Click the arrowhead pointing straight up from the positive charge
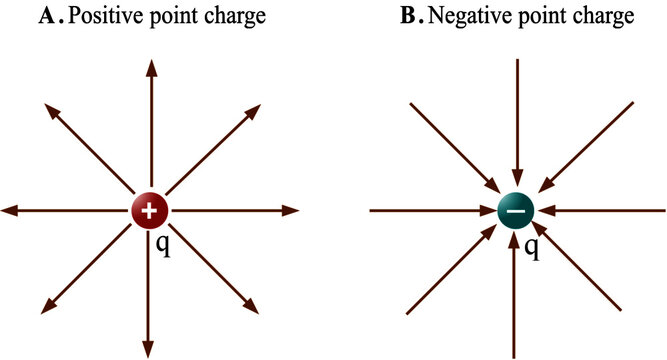(x=151, y=67)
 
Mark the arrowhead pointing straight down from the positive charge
(x=151, y=348)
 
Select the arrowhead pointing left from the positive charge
(x=11, y=210)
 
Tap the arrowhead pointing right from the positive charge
(x=291, y=210)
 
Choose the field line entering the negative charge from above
(x=516, y=120)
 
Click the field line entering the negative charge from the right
(x=610, y=210)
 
